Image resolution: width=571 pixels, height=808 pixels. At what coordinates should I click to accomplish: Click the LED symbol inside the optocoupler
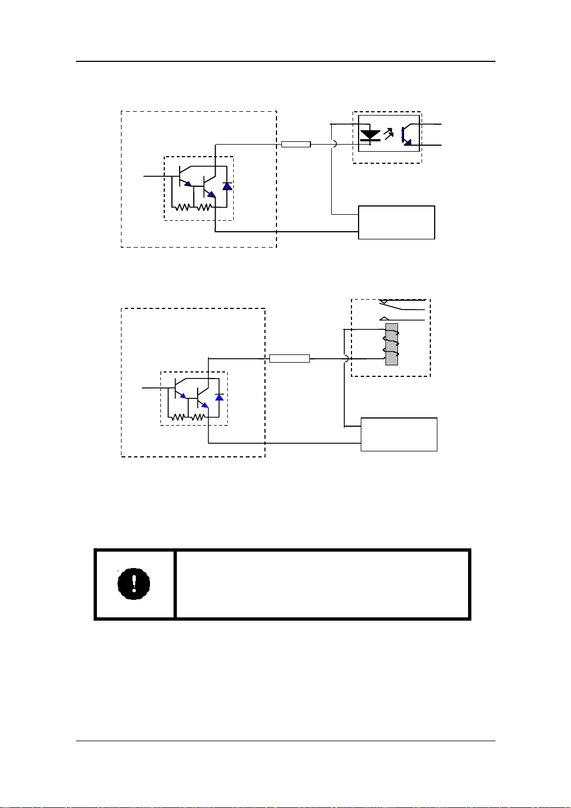[x=371, y=135]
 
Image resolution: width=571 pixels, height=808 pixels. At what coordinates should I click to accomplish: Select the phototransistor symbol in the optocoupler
[x=406, y=135]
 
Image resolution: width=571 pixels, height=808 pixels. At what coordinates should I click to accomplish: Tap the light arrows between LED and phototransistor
[x=389, y=133]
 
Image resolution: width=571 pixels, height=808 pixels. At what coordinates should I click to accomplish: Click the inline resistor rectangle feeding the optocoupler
[x=296, y=144]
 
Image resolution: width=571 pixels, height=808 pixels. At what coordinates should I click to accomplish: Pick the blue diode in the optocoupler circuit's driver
[x=227, y=186]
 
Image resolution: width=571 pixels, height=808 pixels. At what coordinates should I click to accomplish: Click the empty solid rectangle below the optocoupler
[x=396, y=222]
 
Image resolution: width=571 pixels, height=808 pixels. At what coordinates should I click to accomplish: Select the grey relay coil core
[x=391, y=344]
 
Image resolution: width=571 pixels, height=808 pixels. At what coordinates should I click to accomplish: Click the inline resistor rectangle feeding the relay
[x=290, y=358]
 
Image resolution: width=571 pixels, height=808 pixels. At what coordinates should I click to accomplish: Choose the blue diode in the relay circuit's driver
[x=220, y=397]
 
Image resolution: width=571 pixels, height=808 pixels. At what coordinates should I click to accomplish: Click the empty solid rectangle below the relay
[x=399, y=434]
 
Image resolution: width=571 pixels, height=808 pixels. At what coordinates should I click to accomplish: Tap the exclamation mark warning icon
[x=134, y=584]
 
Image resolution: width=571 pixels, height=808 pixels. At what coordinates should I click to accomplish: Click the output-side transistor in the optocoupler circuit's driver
[x=207, y=187]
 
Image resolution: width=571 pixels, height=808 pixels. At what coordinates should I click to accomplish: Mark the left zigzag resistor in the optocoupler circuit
[x=182, y=207]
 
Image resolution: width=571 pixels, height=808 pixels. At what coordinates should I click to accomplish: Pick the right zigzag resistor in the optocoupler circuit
[x=204, y=207]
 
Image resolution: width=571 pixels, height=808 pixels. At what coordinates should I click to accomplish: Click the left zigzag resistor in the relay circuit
[x=178, y=417]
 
